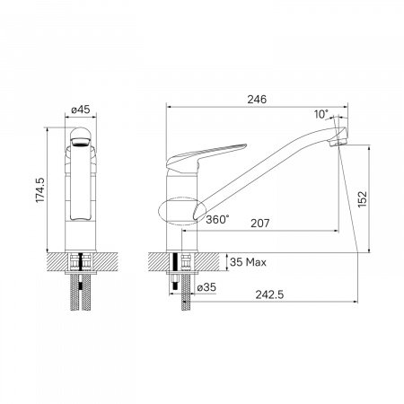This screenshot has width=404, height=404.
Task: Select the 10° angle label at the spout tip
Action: click(321, 115)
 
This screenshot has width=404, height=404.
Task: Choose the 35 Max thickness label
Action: click(248, 263)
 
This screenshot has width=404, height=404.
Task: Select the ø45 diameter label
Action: click(81, 111)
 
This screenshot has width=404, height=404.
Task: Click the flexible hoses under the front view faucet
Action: click(81, 292)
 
